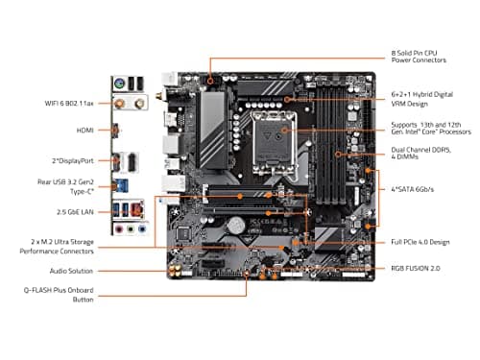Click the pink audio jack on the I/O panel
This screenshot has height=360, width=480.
click(x=118, y=229)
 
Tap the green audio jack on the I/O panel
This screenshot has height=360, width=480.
click(x=131, y=229)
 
